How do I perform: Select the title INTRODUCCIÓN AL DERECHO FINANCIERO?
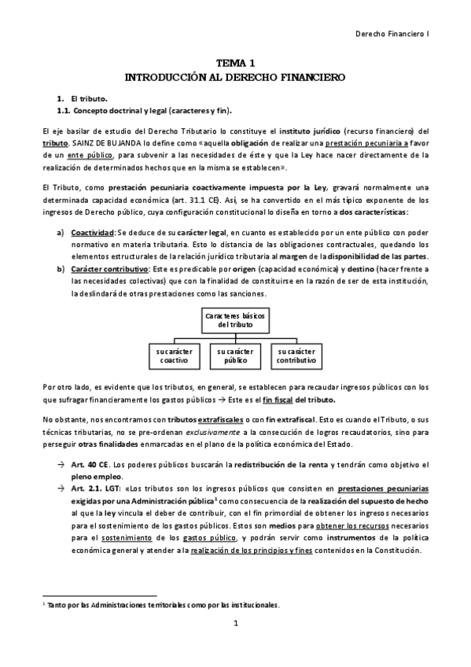(235, 79)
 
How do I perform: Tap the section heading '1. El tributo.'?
(76, 99)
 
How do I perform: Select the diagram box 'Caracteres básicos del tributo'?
(236, 319)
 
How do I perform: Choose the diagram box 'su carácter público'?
(236, 355)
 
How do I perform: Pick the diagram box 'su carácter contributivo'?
(296, 355)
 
